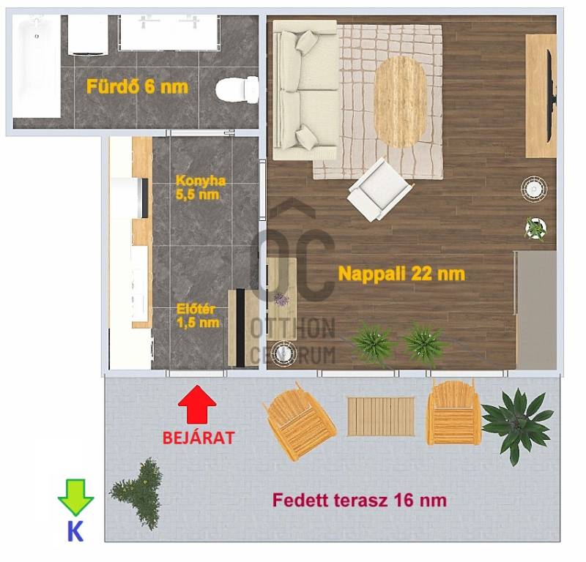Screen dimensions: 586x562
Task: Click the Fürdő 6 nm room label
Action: [x=137, y=86]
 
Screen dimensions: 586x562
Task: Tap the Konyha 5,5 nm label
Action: [x=200, y=187]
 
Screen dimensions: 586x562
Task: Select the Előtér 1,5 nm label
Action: [x=198, y=316]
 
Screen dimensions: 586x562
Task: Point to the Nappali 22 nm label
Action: [x=401, y=274]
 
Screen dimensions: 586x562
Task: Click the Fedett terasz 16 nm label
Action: [x=359, y=500]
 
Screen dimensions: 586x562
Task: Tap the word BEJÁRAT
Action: [x=199, y=438]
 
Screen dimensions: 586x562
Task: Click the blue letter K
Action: [x=75, y=531]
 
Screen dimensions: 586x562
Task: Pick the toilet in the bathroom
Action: [x=237, y=89]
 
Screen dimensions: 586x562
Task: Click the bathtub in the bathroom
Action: [x=36, y=67]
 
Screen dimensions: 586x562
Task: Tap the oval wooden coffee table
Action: [x=400, y=102]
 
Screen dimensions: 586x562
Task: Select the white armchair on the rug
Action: [x=379, y=190]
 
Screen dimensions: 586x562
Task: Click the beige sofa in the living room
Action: [x=305, y=90]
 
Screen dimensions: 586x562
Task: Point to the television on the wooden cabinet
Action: [x=551, y=96]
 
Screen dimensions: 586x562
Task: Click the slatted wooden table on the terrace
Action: [x=381, y=416]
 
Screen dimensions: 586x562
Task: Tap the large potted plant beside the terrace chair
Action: [x=517, y=425]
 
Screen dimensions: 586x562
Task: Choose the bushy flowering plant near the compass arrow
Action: [x=137, y=493]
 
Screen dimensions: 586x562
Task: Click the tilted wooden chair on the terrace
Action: [x=300, y=421]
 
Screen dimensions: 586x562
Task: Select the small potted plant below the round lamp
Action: [x=535, y=228]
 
